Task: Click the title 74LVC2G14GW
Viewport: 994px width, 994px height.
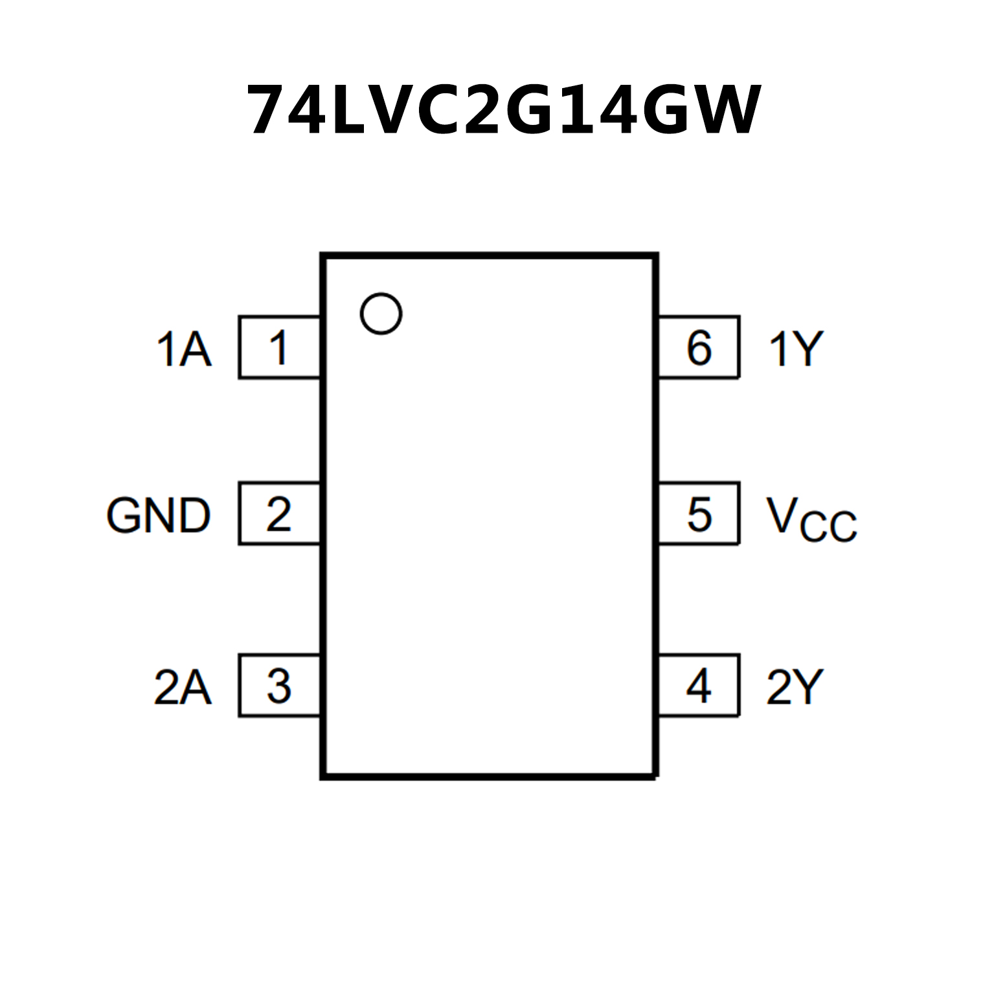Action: click(504, 110)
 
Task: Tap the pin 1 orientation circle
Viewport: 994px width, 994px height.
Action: click(381, 313)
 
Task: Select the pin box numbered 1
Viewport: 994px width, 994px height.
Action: click(279, 348)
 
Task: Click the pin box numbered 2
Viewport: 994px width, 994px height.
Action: click(279, 514)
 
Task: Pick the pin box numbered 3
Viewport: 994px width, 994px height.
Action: click(279, 686)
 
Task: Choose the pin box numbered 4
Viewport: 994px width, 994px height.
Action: click(699, 686)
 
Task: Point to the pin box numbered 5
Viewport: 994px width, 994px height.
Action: click(699, 514)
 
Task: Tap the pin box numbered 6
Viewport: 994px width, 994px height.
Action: click(699, 348)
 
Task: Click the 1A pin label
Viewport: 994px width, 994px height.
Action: click(184, 350)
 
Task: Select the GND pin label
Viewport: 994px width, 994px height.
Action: click(159, 516)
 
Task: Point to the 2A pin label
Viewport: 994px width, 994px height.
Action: click(183, 687)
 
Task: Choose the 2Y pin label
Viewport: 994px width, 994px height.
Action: click(795, 687)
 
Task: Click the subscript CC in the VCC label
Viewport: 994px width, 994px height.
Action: click(828, 526)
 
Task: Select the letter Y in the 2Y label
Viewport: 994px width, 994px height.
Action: click(809, 687)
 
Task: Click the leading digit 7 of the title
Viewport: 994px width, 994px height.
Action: click(268, 110)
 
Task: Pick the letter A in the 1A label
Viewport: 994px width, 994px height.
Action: click(195, 350)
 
